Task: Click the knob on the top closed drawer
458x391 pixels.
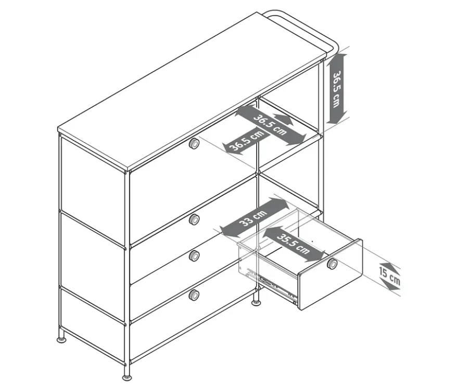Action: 194,144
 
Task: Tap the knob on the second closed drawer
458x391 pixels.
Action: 194,220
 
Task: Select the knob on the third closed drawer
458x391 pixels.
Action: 194,256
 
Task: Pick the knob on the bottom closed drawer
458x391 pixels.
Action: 194,295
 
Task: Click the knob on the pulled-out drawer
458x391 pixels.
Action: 332,264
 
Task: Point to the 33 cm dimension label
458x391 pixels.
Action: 253,218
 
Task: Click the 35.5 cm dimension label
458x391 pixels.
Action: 293,244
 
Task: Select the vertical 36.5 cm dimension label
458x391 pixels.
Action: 337,89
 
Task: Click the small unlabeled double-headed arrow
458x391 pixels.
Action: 283,120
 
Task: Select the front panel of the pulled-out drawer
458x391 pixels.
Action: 330,274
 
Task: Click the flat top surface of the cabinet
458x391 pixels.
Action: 192,91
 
